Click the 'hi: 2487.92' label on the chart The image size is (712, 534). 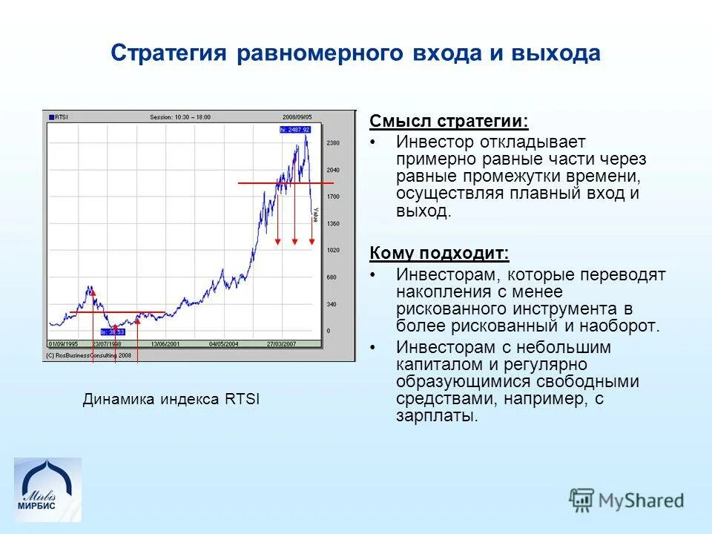[x=294, y=130]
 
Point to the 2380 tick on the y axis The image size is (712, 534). [x=333, y=142]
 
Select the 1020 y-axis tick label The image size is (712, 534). [x=333, y=251]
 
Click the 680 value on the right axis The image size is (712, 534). [x=332, y=277]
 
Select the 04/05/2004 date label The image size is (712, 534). [x=223, y=344]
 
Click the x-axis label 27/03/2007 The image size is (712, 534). [x=282, y=344]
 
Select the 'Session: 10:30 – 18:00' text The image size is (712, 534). [x=180, y=116]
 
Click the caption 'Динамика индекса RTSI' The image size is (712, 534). [x=171, y=400]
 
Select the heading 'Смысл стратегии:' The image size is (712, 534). [x=449, y=121]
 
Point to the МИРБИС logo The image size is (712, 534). [x=47, y=490]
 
